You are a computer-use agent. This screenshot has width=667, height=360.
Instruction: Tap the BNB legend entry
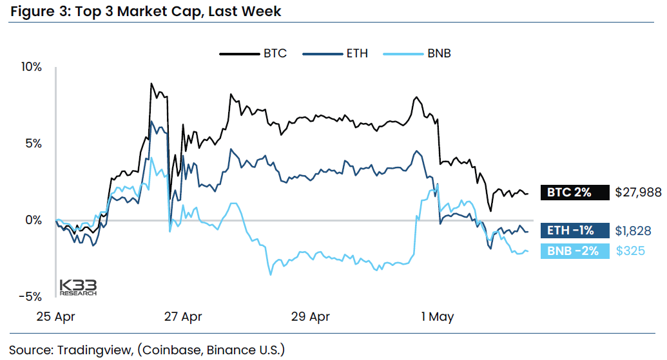pos(438,53)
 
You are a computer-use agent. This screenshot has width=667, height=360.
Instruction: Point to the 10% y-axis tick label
pos(31,67)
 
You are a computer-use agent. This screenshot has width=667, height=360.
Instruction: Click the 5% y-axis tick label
pos(34,144)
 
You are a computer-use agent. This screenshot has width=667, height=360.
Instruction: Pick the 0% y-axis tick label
pos(34,220)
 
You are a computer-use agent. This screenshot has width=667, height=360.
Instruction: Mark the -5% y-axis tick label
pos(31,297)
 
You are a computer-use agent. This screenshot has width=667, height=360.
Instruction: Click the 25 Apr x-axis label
pos(57,317)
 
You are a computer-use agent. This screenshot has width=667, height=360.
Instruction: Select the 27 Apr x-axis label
pos(184,317)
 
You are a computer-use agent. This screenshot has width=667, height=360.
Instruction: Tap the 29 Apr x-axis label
pos(311,317)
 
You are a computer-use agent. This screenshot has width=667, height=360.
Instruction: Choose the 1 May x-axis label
pos(438,317)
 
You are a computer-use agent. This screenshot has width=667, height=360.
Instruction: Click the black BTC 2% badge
pos(574,192)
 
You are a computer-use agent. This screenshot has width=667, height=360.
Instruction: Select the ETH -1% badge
pos(574,231)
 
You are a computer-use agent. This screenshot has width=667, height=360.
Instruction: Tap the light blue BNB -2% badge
pos(574,251)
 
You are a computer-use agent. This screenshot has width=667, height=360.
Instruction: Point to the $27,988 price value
pos(638,192)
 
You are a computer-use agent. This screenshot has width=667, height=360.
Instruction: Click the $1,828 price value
pos(633,231)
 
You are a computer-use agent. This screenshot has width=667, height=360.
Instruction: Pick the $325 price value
pos(630,251)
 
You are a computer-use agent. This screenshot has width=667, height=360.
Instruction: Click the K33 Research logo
pos(77,287)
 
